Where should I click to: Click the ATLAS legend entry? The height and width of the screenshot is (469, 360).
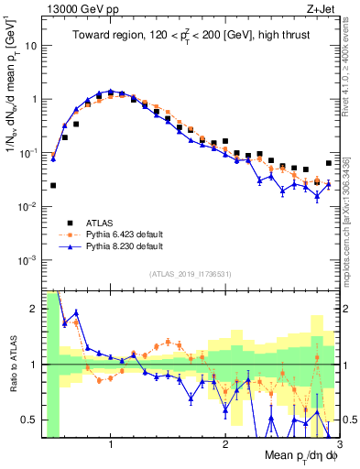(102, 223)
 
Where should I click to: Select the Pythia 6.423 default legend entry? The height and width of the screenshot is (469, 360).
(123, 234)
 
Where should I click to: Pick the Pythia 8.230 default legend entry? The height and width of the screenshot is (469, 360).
(123, 246)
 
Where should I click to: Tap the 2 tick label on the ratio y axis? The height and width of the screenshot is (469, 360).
(33, 309)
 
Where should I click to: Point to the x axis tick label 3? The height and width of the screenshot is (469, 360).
(338, 443)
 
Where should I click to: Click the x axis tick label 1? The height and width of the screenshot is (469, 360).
(111, 443)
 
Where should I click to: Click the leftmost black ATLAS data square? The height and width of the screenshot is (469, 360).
(53, 185)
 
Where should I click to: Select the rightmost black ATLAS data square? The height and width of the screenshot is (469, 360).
(328, 163)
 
